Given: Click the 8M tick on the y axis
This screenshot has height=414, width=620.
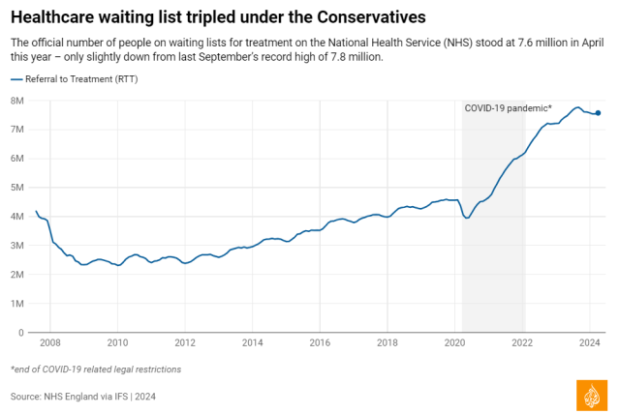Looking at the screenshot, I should pyautogui.click(x=17, y=101).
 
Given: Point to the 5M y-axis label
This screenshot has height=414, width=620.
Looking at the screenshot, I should pyautogui.click(x=17, y=188).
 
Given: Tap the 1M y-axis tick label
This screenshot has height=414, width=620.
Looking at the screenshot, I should pyautogui.click(x=17, y=304).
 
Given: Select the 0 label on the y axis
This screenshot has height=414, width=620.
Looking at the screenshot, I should pyautogui.click(x=20, y=333).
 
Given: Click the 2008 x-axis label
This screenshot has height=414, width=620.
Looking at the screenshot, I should pyautogui.click(x=50, y=342).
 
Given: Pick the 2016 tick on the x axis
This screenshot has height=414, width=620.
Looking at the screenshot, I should pyautogui.click(x=320, y=342).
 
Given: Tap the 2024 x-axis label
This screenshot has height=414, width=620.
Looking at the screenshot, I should pyautogui.click(x=590, y=342).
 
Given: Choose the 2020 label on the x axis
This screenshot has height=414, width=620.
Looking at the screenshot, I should pyautogui.click(x=455, y=342).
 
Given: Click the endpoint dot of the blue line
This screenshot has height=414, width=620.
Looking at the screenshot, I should pyautogui.click(x=598, y=113).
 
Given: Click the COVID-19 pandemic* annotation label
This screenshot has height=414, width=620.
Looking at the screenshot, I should pyautogui.click(x=508, y=107).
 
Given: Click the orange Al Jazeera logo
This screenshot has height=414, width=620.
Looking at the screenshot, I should pyautogui.click(x=592, y=394).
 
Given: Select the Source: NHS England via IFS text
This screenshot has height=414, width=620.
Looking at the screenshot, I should pyautogui.click(x=83, y=396).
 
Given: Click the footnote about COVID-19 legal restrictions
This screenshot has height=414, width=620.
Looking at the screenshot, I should pyautogui.click(x=96, y=369).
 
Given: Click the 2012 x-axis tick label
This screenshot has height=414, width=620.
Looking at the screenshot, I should pyautogui.click(x=185, y=342).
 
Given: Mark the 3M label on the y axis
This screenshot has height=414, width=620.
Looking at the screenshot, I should pyautogui.click(x=17, y=246).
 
